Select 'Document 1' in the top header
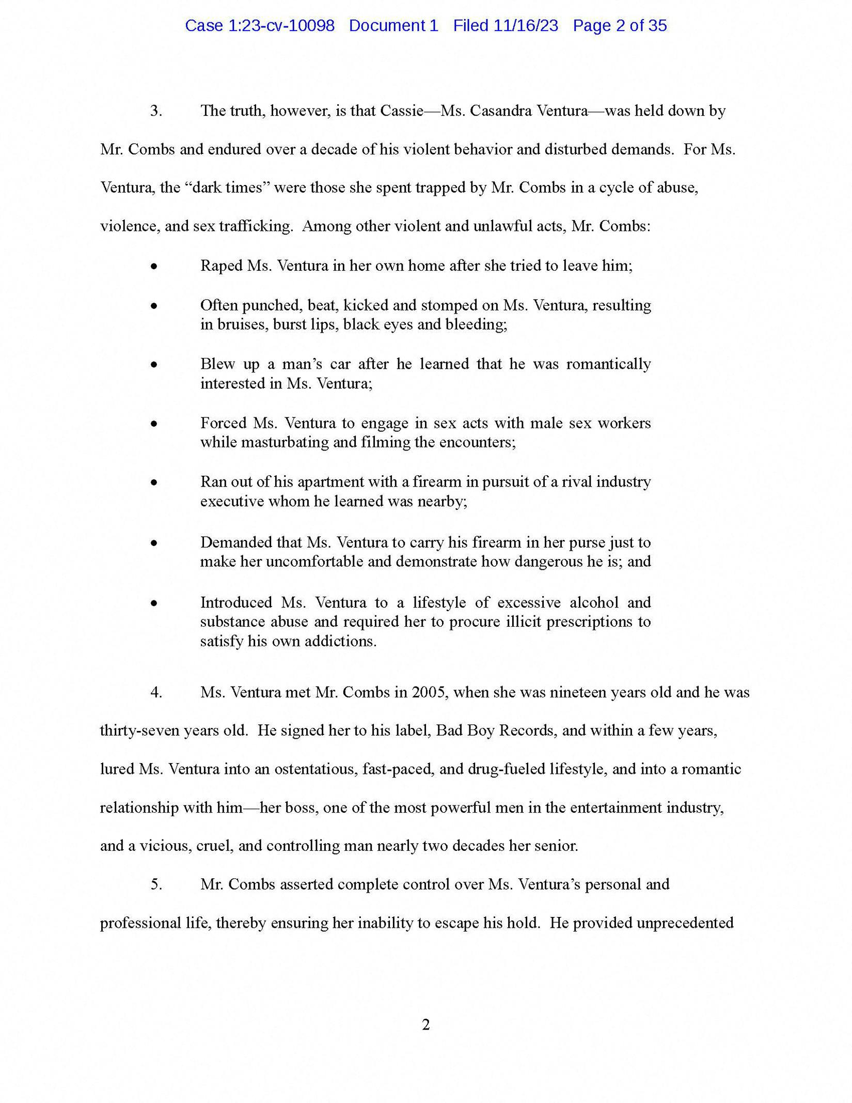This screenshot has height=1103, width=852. tap(393, 26)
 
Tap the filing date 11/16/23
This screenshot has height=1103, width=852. tap(526, 26)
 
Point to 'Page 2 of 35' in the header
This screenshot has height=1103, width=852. tap(620, 26)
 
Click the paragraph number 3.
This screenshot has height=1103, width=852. tap(156, 111)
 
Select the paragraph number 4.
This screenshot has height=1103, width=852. tap(156, 692)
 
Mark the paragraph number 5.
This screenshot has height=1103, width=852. tap(156, 884)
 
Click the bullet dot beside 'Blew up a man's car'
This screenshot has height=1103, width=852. tap(154, 365)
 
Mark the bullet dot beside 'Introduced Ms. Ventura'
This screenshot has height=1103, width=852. tap(154, 603)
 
